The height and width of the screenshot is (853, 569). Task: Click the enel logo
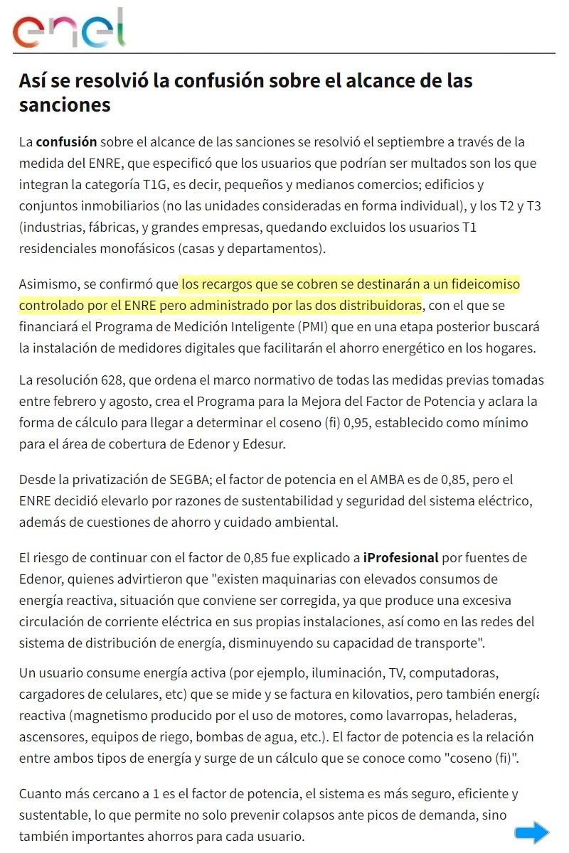point(69,28)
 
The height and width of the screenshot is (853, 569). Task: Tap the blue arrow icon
point(532,832)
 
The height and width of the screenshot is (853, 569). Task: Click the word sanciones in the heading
point(65,104)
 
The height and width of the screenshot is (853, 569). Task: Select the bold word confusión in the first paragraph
point(66,141)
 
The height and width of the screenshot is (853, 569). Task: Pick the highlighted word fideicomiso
point(484,284)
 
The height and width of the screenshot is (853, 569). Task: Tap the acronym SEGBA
point(178,479)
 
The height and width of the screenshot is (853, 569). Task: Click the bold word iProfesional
point(400,557)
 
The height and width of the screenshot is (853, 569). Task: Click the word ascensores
point(53,736)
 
